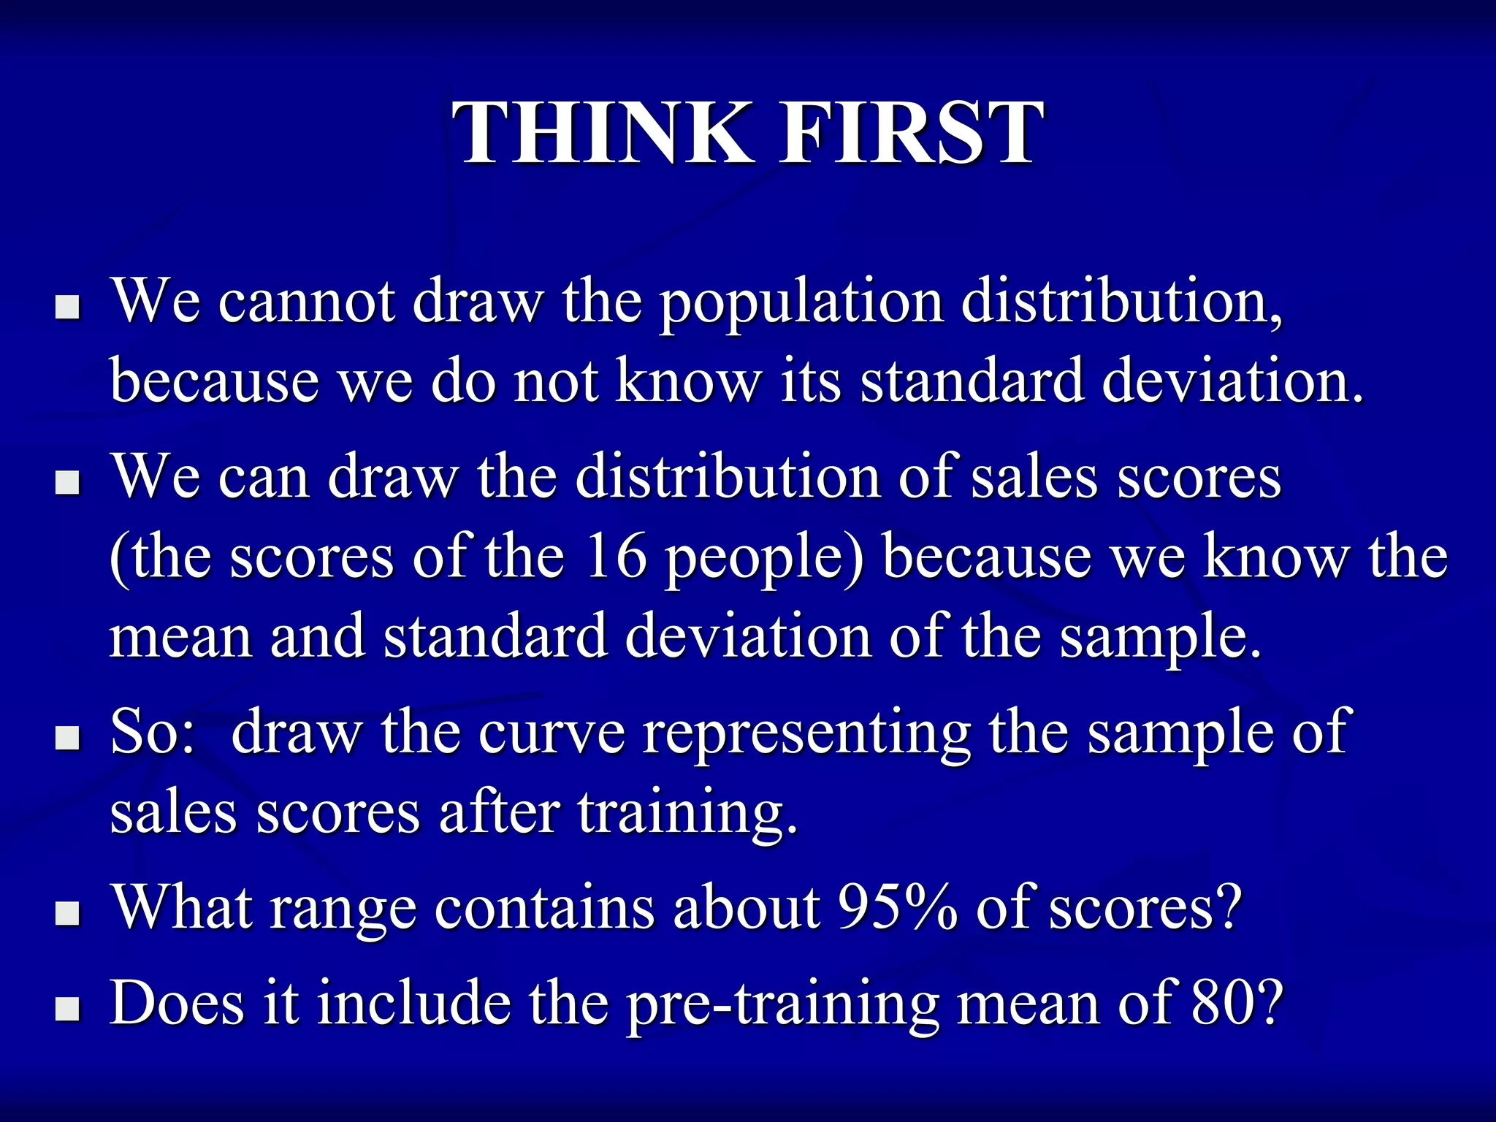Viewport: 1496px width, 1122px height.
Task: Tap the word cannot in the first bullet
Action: (307, 301)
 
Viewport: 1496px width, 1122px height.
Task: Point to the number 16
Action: (615, 557)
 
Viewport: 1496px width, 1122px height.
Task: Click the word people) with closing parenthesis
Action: (764, 558)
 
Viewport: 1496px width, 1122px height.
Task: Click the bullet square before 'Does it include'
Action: (67, 1010)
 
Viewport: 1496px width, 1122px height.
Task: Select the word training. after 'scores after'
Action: (687, 812)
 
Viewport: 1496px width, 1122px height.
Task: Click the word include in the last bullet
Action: (413, 1002)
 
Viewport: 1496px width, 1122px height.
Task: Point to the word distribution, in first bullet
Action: (1121, 301)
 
